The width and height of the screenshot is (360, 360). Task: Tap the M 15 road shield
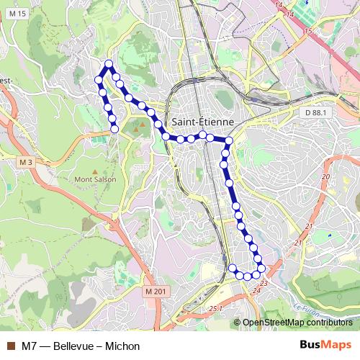[19, 14]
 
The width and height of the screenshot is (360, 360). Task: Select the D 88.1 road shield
[315, 113]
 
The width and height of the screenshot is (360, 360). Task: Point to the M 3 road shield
[26, 162]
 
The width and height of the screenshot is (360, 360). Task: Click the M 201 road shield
[155, 291]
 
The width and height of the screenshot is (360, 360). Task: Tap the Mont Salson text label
[96, 179]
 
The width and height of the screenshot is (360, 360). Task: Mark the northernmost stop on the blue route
[109, 64]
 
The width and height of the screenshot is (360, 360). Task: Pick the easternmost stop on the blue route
[261, 268]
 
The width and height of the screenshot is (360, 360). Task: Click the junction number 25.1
[217, 308]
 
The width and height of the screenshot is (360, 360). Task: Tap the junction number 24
[256, 292]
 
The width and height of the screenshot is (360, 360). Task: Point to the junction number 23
[264, 284]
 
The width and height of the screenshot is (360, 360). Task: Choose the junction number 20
[325, 176]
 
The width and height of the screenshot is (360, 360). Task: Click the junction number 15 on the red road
[309, 31]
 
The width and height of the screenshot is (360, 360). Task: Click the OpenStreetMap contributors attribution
[297, 323]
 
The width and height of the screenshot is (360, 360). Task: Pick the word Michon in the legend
[123, 346]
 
